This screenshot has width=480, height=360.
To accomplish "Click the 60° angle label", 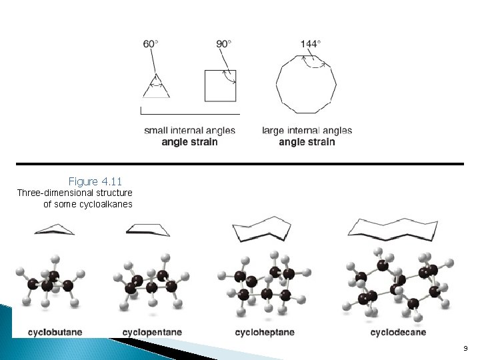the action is (151, 44).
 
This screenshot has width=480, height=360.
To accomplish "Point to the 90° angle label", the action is (224, 44).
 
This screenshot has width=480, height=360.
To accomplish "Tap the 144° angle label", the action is (310, 44).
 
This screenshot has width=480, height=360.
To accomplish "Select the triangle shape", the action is (155, 87).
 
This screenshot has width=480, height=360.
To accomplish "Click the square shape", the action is (221, 85).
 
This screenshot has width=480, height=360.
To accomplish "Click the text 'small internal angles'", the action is (189, 131).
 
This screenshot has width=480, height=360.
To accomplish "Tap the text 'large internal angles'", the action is (307, 131).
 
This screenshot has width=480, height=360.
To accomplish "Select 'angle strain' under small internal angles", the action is (189, 141).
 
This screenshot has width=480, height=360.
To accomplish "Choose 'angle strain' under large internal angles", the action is (307, 141).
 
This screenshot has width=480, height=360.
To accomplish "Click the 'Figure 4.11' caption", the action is (95, 181).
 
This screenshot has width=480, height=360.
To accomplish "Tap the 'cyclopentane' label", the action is (152, 332).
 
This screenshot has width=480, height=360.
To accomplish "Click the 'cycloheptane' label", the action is (265, 332).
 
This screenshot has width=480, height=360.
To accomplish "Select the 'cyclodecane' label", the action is (398, 332).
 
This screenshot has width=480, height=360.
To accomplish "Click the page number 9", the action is (465, 348).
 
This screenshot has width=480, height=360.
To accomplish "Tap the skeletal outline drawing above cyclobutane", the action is (54, 229).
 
